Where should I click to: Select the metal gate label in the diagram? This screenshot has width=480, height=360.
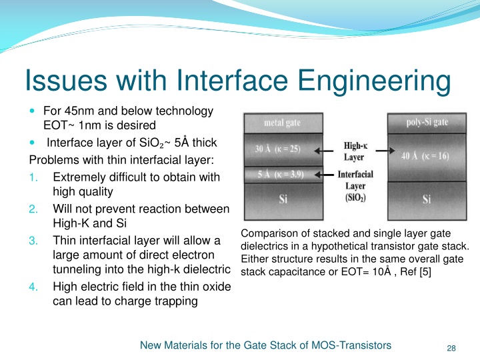point(283,123)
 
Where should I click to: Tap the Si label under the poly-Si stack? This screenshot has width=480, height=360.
point(427,199)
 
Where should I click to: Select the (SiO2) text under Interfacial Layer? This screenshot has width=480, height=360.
point(354,199)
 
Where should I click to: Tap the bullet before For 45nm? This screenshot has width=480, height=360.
point(34,111)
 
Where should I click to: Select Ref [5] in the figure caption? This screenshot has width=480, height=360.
point(416,271)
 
